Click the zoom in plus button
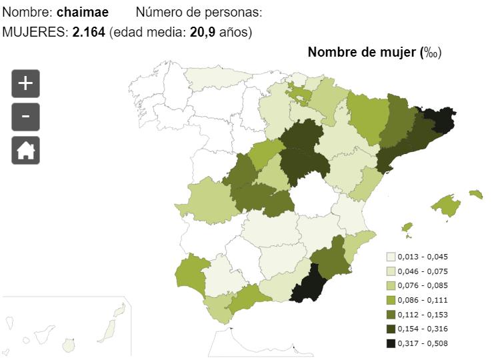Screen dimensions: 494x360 pos(25,83)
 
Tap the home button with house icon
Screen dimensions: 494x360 pos(25,150)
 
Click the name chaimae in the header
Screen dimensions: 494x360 pos(83,12)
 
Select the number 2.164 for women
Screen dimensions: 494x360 pos(89,32)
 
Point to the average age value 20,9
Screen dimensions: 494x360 pos(203,32)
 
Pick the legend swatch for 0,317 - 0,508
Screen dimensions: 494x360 pos(391,343)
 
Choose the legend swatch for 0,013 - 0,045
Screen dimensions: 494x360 pos(391,257)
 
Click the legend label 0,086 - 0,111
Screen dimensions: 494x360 pos(423,300)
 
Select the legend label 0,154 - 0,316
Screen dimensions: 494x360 pos(423,329)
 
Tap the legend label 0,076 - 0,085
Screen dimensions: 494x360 pos(423,286)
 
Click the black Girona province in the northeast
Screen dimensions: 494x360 pos(439,120)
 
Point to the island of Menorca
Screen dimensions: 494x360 pos(476,194)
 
